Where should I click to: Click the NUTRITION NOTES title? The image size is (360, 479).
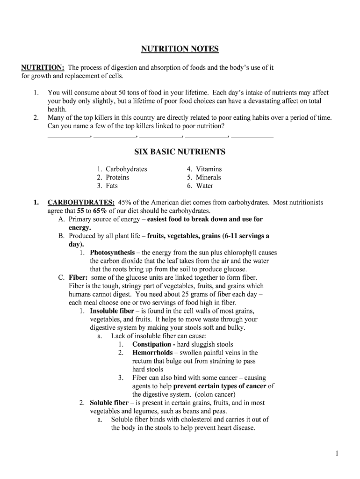coord(180,49)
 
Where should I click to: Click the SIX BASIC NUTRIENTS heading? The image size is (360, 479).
coord(180,152)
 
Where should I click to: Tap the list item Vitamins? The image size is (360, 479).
coord(209,169)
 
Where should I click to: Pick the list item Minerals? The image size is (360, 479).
coord(208,177)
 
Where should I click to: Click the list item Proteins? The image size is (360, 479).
coord(117,177)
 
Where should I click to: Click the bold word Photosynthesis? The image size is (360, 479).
coord(112,253)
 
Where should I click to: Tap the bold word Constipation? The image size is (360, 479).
coord(152,344)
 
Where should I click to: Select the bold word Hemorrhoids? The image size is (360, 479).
coord(152,353)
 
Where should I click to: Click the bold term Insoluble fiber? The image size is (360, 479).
coord(112,311)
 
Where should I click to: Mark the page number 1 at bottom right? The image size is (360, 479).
coord(337,453)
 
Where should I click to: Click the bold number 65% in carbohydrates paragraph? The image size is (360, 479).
coord(100,211)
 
